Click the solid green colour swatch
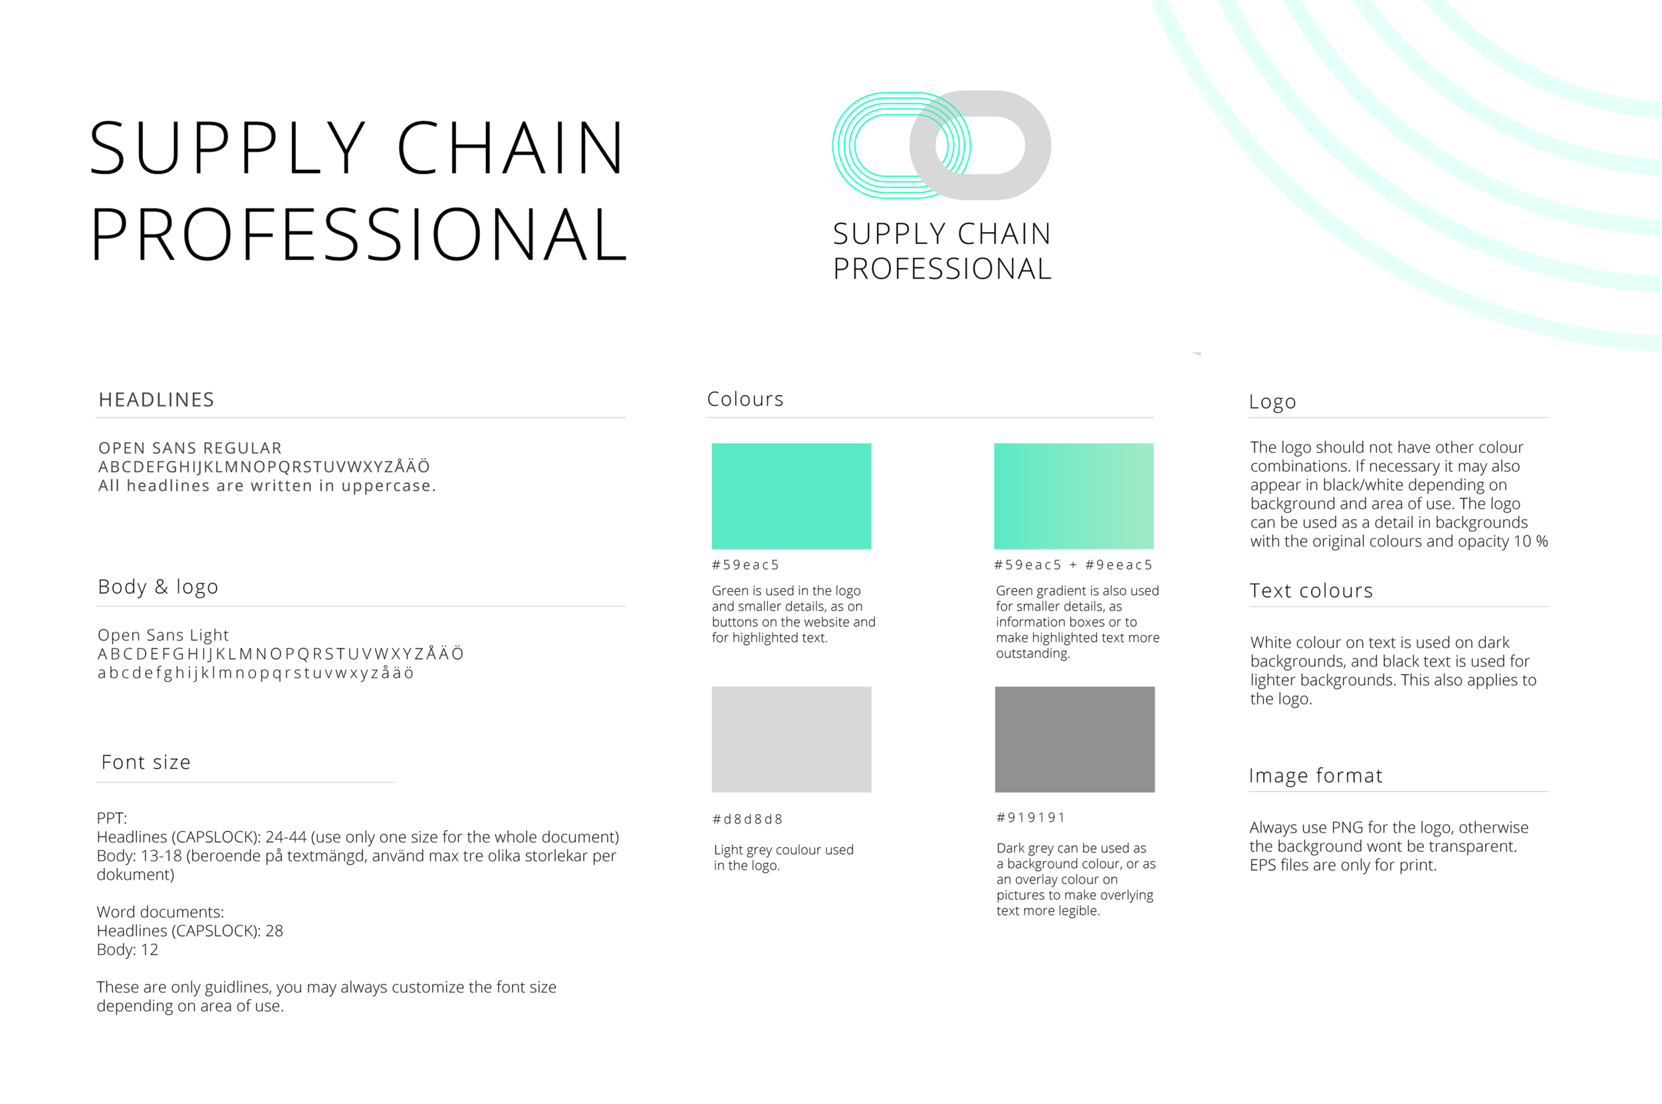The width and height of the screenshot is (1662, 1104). click(x=791, y=495)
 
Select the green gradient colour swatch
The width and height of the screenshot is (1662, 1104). click(x=1073, y=495)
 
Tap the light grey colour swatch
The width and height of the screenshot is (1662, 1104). click(x=791, y=740)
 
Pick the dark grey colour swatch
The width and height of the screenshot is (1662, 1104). click(x=1074, y=740)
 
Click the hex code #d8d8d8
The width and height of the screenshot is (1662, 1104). click(x=747, y=819)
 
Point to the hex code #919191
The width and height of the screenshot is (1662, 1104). click(x=1031, y=817)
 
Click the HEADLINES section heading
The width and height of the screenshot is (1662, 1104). click(x=156, y=400)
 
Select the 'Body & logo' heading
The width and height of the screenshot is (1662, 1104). click(x=158, y=587)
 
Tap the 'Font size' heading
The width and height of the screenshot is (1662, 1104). click(x=146, y=761)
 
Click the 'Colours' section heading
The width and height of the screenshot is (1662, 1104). click(x=745, y=399)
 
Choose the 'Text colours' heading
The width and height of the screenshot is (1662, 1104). click(x=1311, y=591)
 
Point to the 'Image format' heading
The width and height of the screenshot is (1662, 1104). click(x=1315, y=776)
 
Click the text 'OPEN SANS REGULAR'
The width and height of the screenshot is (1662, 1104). click(x=190, y=448)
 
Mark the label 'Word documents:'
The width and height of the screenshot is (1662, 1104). click(x=160, y=912)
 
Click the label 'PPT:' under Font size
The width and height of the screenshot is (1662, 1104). click(x=112, y=818)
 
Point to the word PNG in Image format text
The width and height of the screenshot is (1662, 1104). click(x=1348, y=827)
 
